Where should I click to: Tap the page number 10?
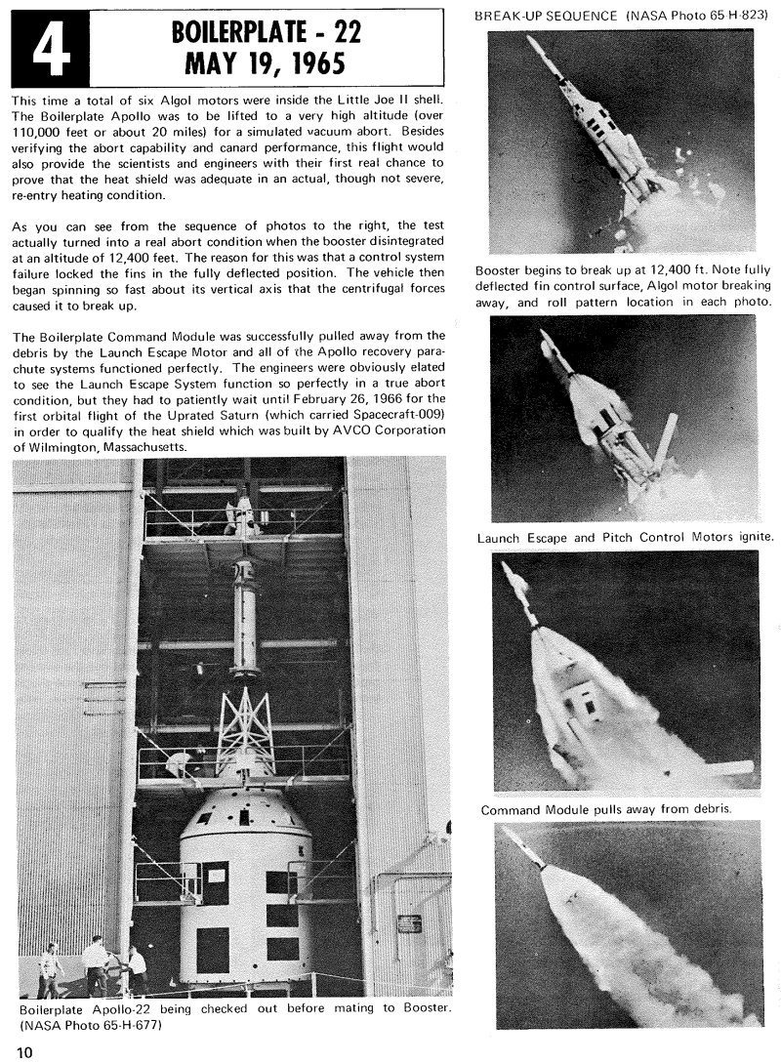(x=24, y=1051)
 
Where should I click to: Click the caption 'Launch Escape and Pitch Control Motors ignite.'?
(x=626, y=537)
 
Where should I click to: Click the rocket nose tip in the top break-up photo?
(x=530, y=40)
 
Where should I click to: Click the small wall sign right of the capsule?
(x=409, y=922)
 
